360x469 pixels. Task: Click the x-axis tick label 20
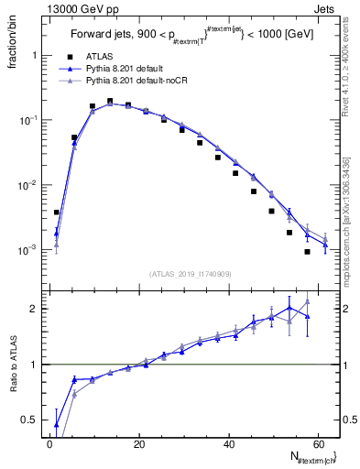click(x=139, y=444)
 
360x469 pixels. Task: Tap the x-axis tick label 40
click(x=229, y=444)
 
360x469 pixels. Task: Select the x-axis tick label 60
click(x=318, y=444)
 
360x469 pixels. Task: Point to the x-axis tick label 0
click(x=49, y=444)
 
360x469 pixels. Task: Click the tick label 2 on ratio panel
click(x=35, y=309)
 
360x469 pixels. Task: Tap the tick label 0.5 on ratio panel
click(x=31, y=420)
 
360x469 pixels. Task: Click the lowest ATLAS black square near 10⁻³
click(x=307, y=252)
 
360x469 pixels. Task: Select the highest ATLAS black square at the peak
click(x=110, y=102)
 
